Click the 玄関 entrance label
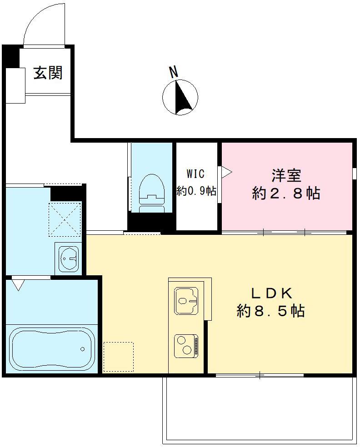coord(48,72)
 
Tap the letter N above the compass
coord(173,71)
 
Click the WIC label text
coord(196,174)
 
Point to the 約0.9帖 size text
coord(196,191)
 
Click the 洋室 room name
coord(286,175)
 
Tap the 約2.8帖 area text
coord(286,194)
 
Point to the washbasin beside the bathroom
coord(68,258)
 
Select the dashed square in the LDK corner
coord(118,357)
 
